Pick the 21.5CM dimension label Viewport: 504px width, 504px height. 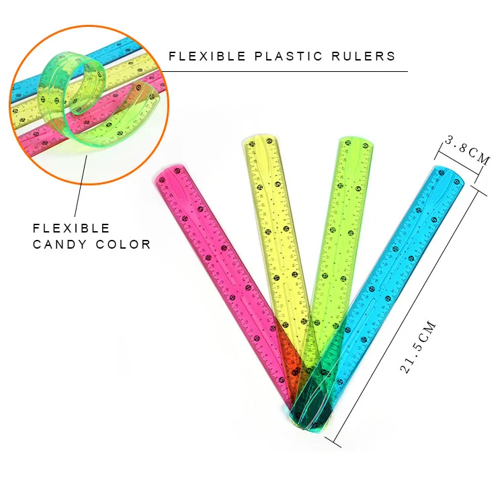(x=418, y=346)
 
